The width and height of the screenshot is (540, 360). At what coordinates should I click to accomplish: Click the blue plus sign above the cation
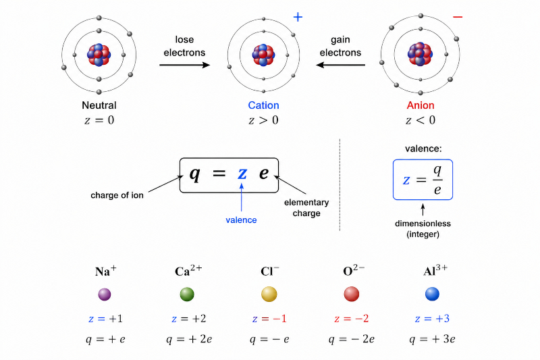298,17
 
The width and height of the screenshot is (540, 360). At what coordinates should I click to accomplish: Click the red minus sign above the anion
458,16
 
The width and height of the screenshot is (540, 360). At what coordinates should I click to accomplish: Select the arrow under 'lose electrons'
184,65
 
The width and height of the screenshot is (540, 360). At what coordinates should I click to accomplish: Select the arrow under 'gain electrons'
341,65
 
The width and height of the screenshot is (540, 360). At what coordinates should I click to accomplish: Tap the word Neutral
99,105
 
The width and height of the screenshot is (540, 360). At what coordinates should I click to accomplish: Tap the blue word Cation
263,105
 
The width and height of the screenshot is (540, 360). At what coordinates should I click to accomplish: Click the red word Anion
421,105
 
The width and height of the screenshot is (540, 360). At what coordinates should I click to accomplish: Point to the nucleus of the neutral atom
99,55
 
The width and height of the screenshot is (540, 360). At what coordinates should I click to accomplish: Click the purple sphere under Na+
105,294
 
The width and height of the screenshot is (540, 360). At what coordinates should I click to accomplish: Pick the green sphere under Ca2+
187,294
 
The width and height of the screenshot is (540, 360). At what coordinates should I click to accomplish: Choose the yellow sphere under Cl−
269,294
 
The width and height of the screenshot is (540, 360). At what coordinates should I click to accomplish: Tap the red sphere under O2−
352,294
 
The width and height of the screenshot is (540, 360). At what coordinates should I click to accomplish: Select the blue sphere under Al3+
432,294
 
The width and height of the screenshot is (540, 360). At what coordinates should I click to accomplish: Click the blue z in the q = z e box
242,174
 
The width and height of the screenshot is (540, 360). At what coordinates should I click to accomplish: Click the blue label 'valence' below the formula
241,220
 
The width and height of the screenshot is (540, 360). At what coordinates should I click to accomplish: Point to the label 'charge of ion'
117,195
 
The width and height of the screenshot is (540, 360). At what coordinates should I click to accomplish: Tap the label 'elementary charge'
306,208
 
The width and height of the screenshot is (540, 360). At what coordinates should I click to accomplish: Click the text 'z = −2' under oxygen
351,319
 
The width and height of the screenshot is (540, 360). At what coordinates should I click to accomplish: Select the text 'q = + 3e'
432,339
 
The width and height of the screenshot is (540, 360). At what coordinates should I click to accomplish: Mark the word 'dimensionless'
423,224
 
